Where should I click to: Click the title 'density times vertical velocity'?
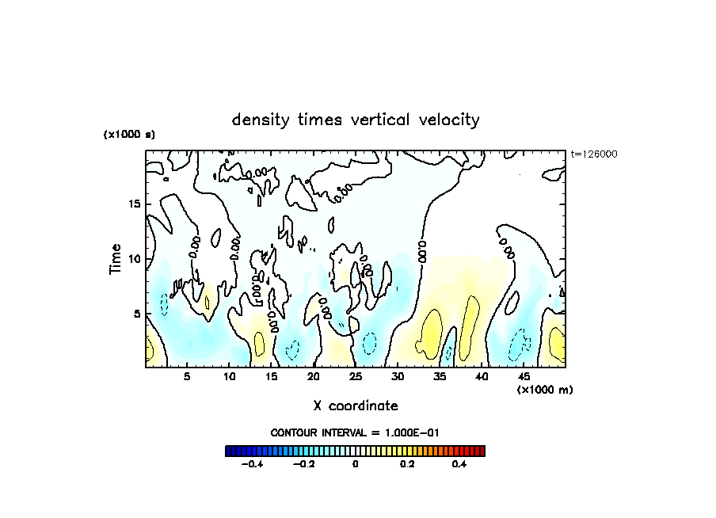coord(356,120)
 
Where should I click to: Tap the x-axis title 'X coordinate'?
coord(355,406)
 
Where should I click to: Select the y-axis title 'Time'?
coord(116,258)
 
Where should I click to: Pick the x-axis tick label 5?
coord(188,377)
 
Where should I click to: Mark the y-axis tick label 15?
coord(133,204)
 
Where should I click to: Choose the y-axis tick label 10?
coord(133,258)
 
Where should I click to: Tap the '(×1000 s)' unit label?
coord(129,135)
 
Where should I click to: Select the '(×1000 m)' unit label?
coord(545,390)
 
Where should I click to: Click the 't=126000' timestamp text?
coord(594,154)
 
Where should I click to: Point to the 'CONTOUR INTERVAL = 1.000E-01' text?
coord(355,432)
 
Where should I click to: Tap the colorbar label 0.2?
coord(406,465)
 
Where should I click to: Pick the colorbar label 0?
coord(355,465)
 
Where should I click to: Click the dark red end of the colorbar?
coord(481,451)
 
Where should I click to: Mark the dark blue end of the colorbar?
coord(229,451)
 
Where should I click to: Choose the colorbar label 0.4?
coord(459,465)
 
